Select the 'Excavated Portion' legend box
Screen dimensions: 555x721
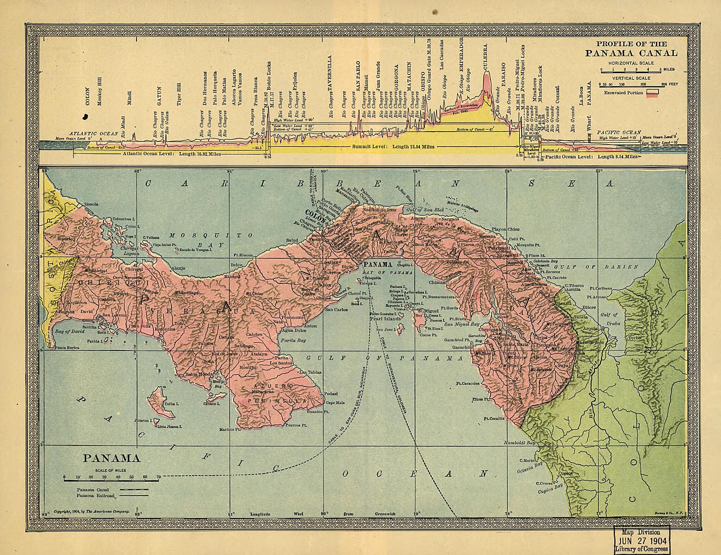click(x=652, y=92)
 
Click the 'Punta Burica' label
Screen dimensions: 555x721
click(x=67, y=347)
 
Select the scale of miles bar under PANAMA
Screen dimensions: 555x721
click(x=111, y=480)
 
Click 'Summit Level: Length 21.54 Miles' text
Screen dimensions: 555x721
click(x=393, y=147)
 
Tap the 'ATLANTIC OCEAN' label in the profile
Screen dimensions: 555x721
click(x=94, y=134)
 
